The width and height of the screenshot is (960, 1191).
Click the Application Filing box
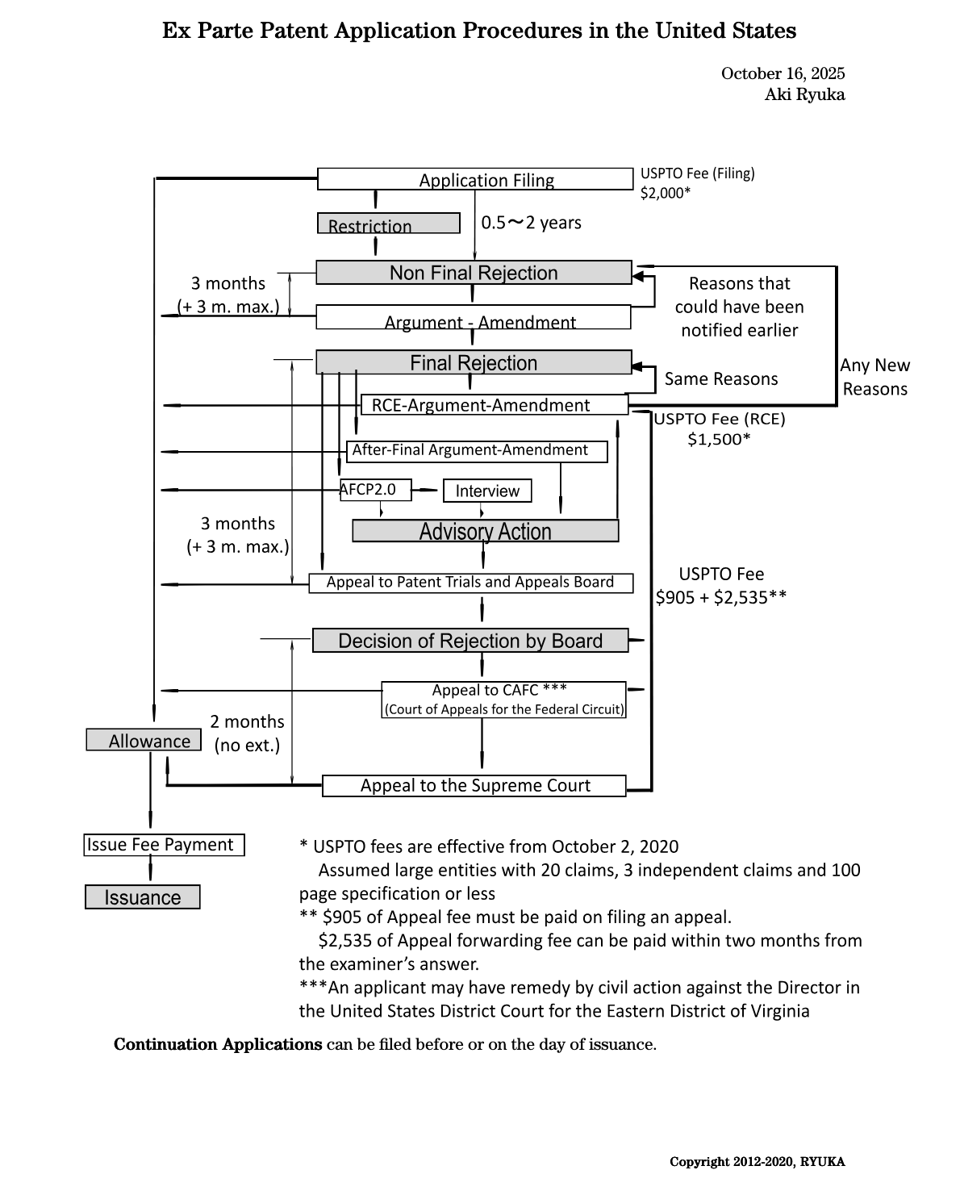[475, 179]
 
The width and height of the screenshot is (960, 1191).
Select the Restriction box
[388, 224]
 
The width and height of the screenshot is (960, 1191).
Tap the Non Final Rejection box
[474, 273]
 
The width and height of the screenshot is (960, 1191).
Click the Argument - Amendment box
[473, 317]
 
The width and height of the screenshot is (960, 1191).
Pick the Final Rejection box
[474, 362]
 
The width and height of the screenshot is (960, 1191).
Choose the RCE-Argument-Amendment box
[494, 405]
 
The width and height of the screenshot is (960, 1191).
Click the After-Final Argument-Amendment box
[477, 450]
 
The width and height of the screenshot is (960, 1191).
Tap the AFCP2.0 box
[375, 490]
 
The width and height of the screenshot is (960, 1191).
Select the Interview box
[487, 491]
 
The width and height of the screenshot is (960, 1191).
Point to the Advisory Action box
[486, 531]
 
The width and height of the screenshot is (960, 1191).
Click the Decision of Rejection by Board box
[470, 641]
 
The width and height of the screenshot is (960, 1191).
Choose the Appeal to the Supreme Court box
[474, 786]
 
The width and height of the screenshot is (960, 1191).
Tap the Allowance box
[144, 740]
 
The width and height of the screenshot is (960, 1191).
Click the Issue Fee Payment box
[165, 845]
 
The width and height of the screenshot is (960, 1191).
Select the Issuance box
[143, 897]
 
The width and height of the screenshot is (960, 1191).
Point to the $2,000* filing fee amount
[666, 193]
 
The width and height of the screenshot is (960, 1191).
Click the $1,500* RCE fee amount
[719, 439]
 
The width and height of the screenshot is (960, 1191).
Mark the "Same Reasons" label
[721, 379]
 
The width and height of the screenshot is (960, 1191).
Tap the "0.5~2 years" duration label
[531, 223]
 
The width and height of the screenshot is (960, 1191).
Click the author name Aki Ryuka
[804, 94]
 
